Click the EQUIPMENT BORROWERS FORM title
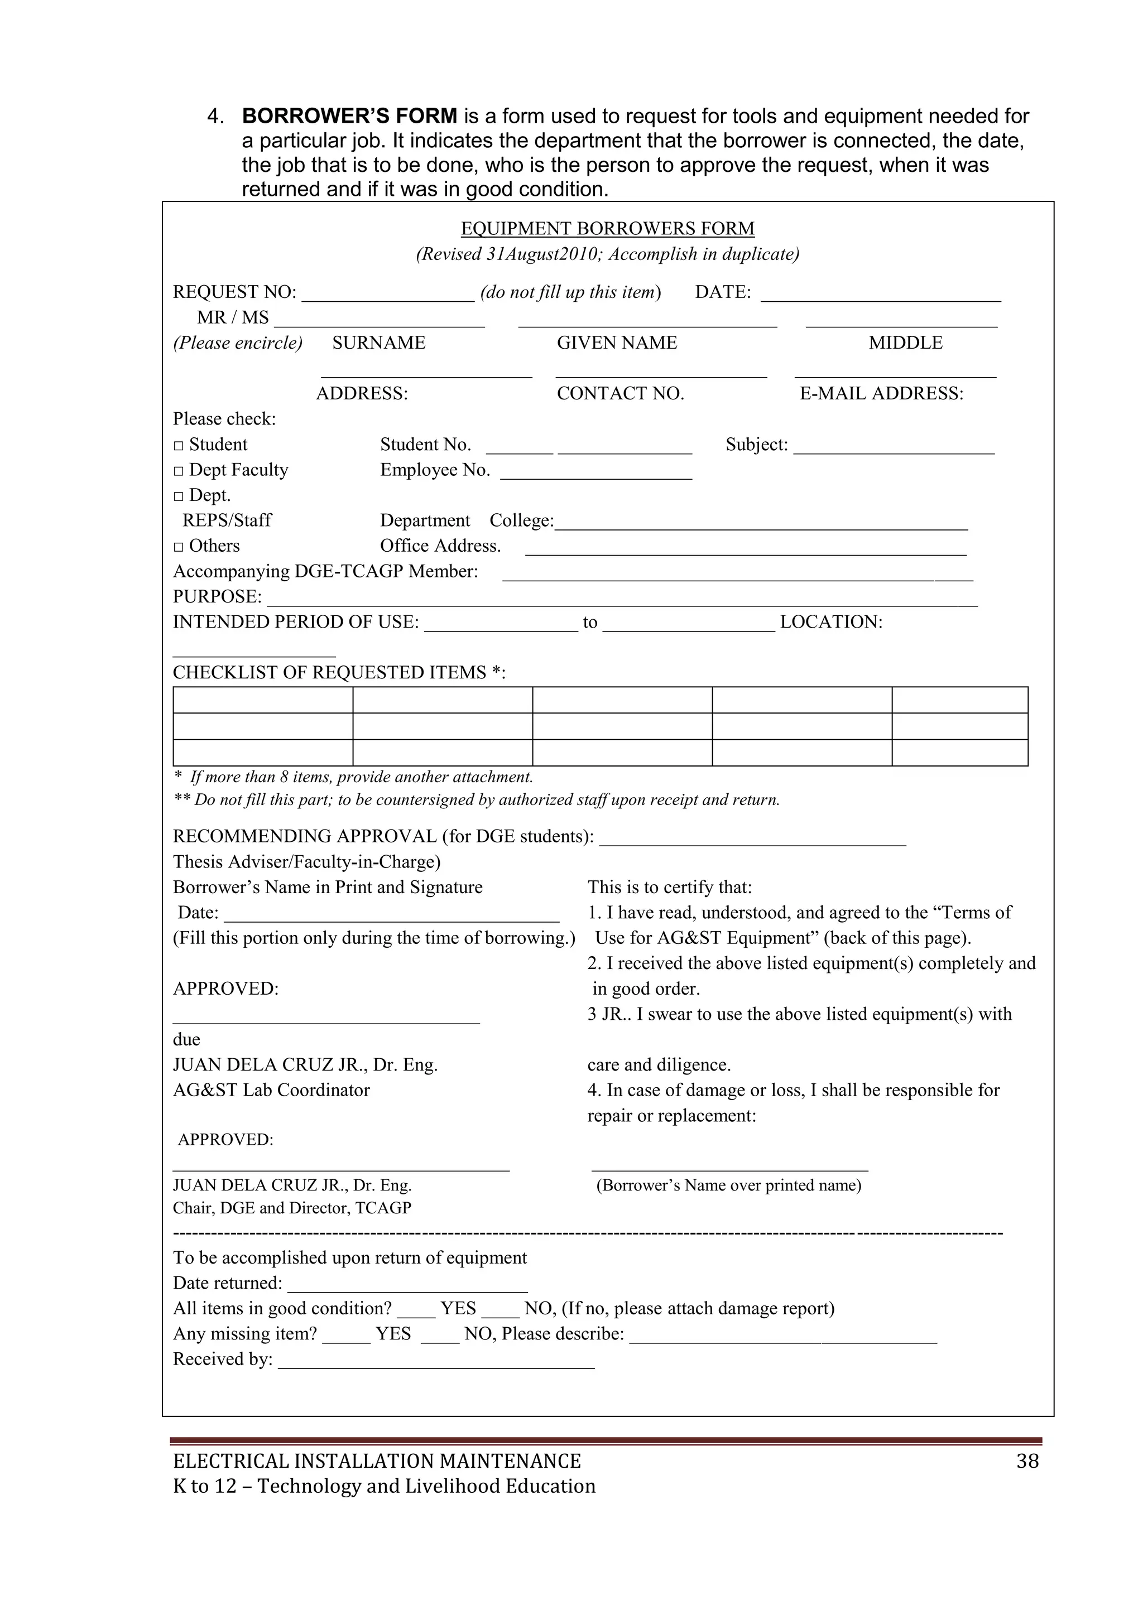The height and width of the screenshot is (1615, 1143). tap(607, 229)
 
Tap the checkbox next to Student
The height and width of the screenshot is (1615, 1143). tap(179, 445)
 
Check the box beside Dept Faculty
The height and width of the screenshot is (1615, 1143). tap(179, 471)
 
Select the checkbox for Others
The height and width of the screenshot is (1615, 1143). tap(179, 547)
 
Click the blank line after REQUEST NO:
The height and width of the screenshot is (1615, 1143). tap(388, 296)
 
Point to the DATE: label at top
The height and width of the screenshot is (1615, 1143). tap(723, 292)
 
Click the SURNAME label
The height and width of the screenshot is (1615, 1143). tap(378, 343)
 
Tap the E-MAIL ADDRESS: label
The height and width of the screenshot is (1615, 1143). tap(881, 393)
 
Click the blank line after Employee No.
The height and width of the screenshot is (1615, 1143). tap(596, 474)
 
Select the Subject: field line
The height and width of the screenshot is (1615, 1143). tap(894, 449)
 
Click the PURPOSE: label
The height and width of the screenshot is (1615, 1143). tap(217, 596)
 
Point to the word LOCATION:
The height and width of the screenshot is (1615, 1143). tap(830, 622)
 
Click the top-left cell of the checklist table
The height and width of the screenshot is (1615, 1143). tap(262, 700)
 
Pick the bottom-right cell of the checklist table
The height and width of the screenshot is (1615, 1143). tap(959, 752)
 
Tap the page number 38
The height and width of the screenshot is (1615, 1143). tap(1027, 1461)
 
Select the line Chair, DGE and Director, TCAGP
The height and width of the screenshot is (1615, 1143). tap(292, 1208)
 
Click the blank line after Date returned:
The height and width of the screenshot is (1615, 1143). tap(407, 1287)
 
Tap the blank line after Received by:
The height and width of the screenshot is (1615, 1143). tap(436, 1363)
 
